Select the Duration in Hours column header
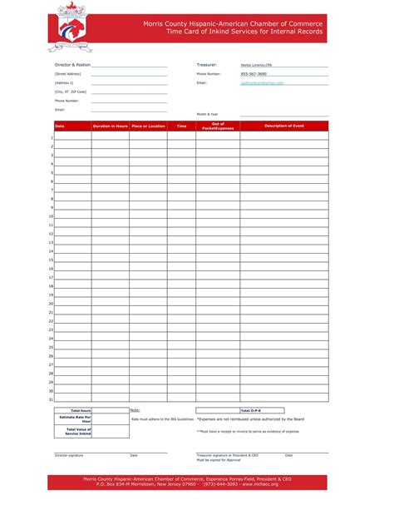click(x=110, y=126)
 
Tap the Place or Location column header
click(x=148, y=126)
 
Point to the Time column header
click(x=181, y=126)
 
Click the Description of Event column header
click(x=284, y=126)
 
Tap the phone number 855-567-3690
click(x=254, y=74)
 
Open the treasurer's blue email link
click(x=262, y=83)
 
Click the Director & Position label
click(x=72, y=64)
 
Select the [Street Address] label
click(x=67, y=74)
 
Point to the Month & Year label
click(x=208, y=113)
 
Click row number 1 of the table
click(x=52, y=137)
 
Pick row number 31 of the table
click(x=51, y=399)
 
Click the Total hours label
click(x=81, y=411)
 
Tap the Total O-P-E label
click(x=251, y=411)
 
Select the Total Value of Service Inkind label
click(x=79, y=431)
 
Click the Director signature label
click(x=69, y=455)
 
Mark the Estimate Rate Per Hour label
click(x=81, y=419)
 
